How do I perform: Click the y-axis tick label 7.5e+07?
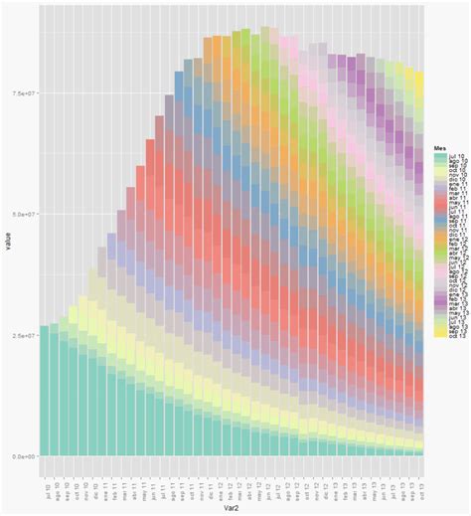pos(23,93)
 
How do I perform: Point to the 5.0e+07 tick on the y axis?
pos(23,214)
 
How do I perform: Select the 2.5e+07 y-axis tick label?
pos(23,335)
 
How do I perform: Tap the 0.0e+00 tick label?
pos(23,455)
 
